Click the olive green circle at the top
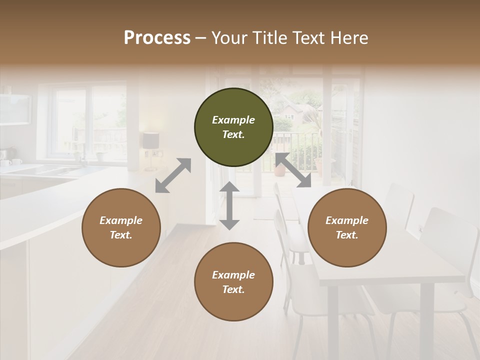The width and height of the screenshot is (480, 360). (233, 127)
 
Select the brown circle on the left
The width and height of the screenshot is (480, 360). (121, 227)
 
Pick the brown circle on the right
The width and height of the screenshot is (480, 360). (347, 227)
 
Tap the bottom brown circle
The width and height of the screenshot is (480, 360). (233, 282)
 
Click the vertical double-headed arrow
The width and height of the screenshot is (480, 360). (229, 205)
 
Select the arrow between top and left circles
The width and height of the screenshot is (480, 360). (173, 175)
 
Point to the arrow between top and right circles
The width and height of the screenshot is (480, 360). (293, 170)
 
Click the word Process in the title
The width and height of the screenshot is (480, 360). (157, 38)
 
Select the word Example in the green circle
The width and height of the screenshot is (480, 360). (233, 120)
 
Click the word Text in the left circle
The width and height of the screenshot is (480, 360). (121, 235)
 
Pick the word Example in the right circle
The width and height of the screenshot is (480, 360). (347, 220)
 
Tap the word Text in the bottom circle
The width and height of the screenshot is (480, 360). (233, 289)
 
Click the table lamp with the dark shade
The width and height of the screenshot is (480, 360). (150, 141)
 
